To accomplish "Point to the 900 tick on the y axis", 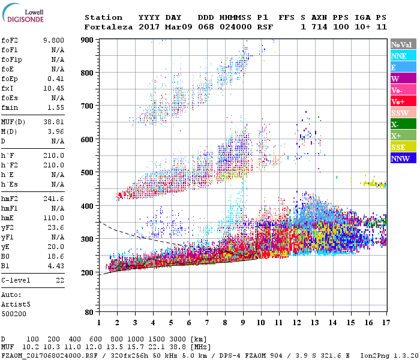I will click(x=87, y=40).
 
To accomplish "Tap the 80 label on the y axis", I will click(x=89, y=313).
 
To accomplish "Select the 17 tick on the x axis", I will click(x=386, y=323).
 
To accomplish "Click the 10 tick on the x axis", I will click(x=260, y=323).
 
